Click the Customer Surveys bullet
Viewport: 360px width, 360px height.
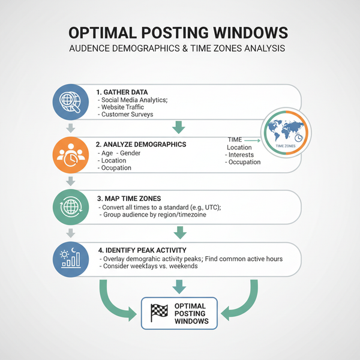click(x=127, y=114)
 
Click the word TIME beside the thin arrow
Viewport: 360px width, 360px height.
click(x=235, y=139)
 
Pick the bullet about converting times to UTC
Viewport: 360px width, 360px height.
click(x=160, y=207)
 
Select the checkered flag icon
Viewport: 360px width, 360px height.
click(x=159, y=312)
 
